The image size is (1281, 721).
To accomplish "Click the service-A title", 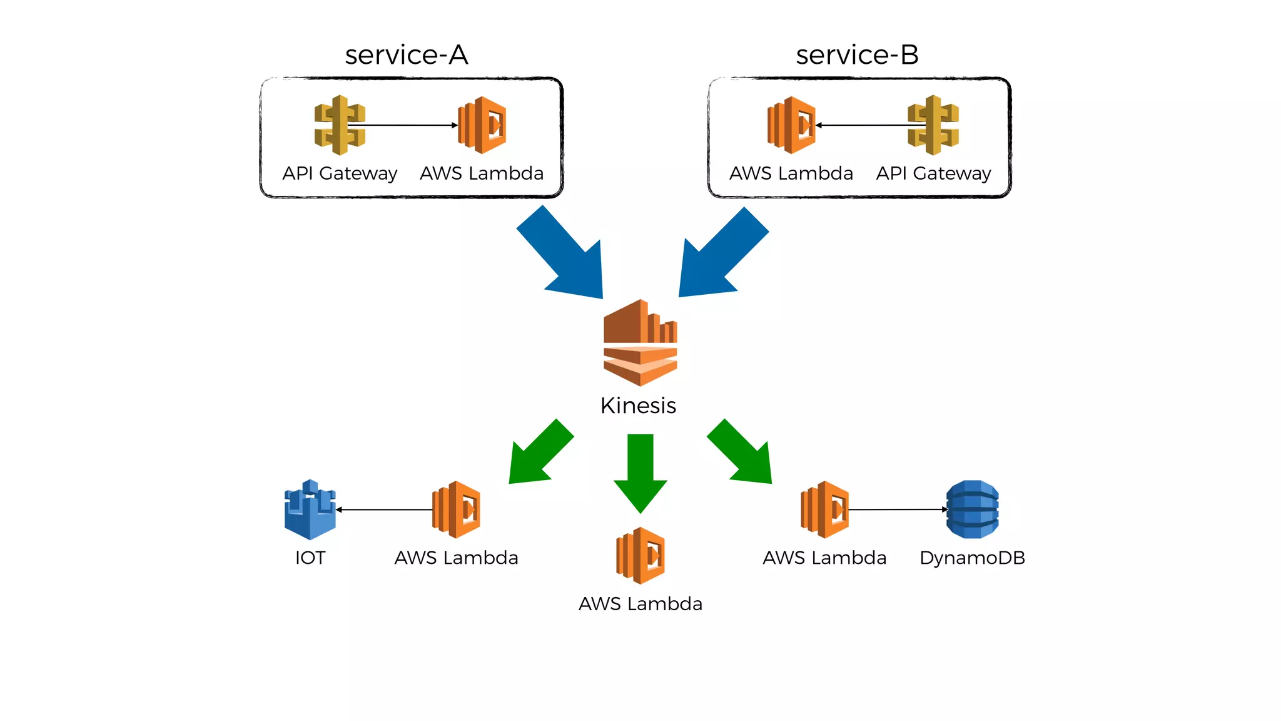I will (406, 55).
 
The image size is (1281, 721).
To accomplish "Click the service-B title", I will (857, 55).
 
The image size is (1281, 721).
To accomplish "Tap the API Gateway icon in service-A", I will (340, 125).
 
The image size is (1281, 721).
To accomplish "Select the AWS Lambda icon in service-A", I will (482, 125).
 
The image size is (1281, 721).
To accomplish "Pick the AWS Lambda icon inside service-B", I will (791, 125).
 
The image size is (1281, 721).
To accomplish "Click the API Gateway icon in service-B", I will (933, 125).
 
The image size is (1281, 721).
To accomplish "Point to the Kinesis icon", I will (640, 342).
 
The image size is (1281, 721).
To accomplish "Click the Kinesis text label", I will (638, 406).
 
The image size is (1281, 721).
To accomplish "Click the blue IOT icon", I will (310, 509).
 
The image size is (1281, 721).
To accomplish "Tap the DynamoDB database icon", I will (972, 509).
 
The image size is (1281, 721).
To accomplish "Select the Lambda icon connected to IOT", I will (457, 509).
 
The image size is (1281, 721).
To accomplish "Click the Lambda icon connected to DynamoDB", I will (824, 509).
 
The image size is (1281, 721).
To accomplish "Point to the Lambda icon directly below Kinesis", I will (640, 556).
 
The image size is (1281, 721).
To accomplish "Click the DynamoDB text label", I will (972, 558).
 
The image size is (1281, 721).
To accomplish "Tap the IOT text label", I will (310, 558).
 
